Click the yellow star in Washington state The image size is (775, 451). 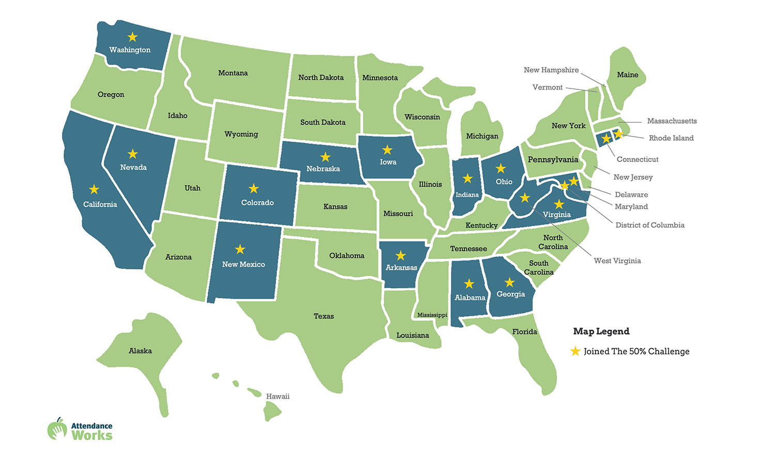[x=133, y=37]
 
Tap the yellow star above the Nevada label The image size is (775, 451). [x=133, y=154]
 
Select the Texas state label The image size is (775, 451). [x=324, y=316]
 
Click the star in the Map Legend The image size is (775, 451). [x=575, y=351]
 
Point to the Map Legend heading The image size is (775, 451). [x=601, y=332]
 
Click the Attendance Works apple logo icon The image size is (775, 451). [x=57, y=429]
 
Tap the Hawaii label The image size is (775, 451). [x=277, y=397]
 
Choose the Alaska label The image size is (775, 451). [x=140, y=351]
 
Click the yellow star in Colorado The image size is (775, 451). [x=254, y=189]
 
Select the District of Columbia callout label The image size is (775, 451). [x=649, y=225]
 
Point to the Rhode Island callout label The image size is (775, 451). [x=671, y=138]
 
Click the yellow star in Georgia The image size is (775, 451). [x=510, y=282]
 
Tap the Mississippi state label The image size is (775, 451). [x=432, y=315]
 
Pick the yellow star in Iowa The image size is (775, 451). [x=387, y=150]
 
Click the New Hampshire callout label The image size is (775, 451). [x=551, y=70]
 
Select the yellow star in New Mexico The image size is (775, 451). [x=240, y=249]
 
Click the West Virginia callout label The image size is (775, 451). [x=617, y=261]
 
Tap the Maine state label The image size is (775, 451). [x=627, y=75]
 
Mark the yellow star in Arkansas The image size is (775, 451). [x=400, y=255]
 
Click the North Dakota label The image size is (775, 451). [x=321, y=78]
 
